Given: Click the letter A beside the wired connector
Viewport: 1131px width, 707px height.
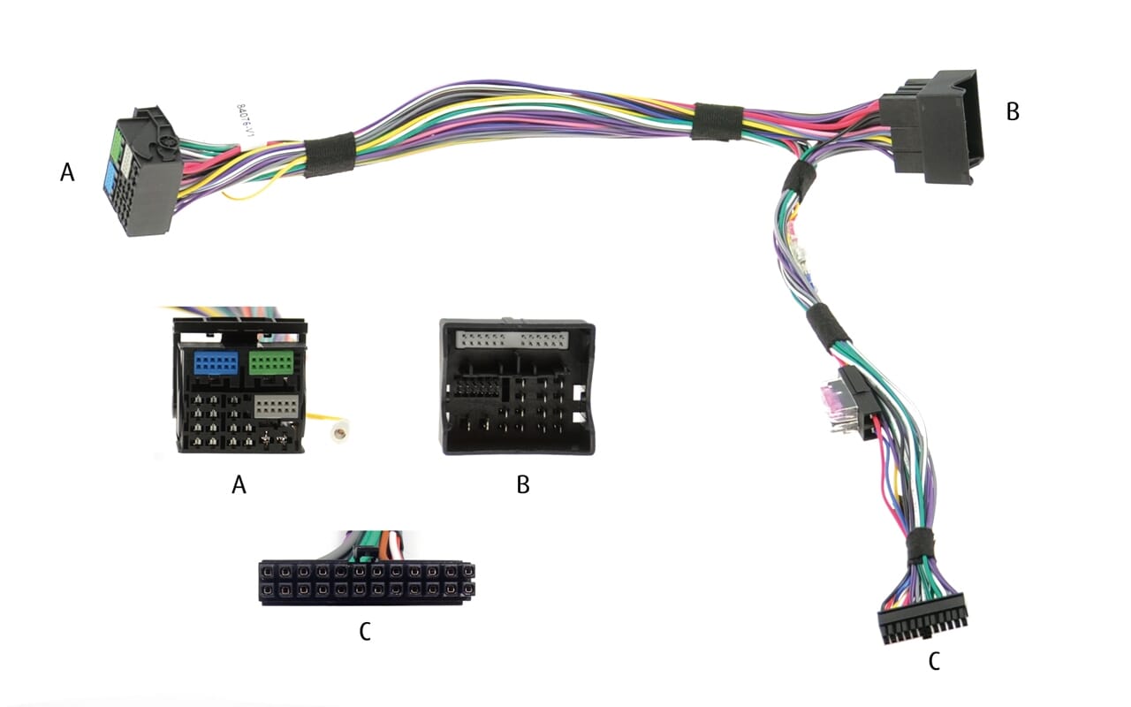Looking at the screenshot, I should [67, 172].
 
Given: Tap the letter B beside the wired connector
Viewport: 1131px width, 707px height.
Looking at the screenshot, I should [1013, 111].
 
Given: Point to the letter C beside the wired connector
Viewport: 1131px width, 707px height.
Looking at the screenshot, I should [933, 661].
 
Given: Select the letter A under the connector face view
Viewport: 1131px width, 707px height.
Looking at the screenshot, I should [238, 483].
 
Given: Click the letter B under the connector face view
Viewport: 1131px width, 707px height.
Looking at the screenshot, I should [523, 483].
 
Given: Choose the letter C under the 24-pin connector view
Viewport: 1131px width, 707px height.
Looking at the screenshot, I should [364, 631].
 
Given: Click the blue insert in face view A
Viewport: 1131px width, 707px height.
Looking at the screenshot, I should [214, 362].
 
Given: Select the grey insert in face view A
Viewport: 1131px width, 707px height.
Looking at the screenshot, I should [276, 407].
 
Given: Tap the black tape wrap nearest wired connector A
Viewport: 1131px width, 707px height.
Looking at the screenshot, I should [330, 155].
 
